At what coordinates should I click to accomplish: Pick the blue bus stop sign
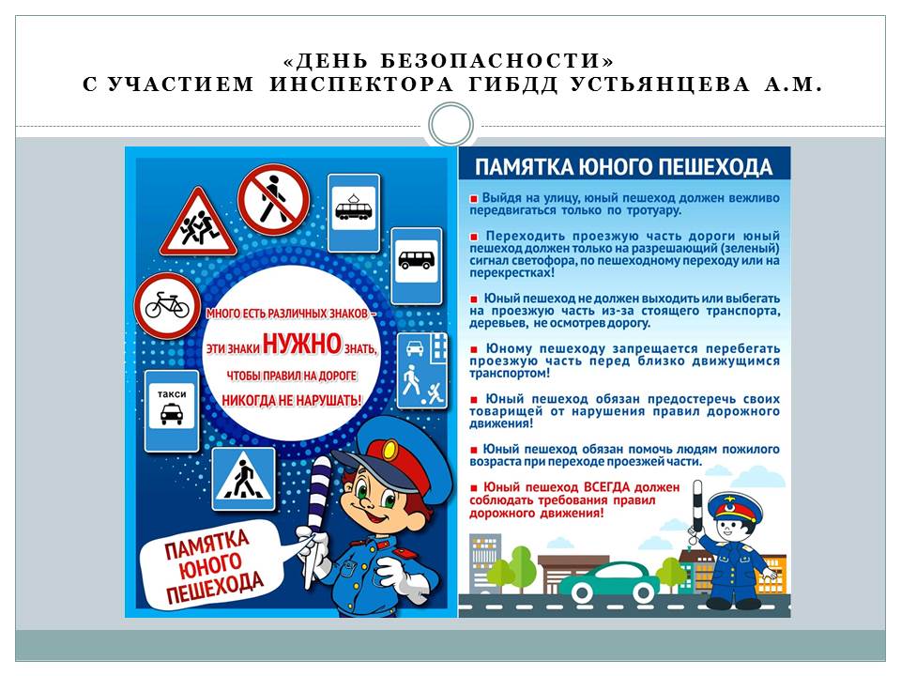coord(416,264)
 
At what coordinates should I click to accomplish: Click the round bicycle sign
coord(167,306)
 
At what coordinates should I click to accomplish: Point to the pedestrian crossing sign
coord(244,478)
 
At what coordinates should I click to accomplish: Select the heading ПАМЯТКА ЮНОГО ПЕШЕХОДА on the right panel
coord(623,167)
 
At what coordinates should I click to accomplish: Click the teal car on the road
coord(615,585)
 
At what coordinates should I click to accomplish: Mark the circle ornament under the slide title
coord(450,125)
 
